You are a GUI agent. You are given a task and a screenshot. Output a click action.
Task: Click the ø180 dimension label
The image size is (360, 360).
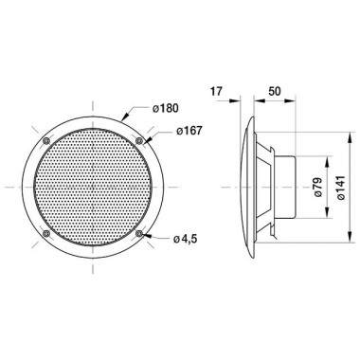click(x=165, y=108)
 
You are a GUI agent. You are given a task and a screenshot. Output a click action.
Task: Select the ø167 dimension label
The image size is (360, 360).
click(x=189, y=131)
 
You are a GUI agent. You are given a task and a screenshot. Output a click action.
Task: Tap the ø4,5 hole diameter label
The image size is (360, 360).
click(x=185, y=239)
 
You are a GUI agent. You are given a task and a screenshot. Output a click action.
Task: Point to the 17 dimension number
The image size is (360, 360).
click(x=216, y=91)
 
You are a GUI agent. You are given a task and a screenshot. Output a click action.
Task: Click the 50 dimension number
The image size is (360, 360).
click(x=274, y=91)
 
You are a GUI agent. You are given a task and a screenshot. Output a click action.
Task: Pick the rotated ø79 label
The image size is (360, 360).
click(x=318, y=188)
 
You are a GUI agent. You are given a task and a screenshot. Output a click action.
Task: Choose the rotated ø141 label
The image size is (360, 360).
click(x=341, y=188)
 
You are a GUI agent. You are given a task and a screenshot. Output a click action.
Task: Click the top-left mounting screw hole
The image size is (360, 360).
click(x=46, y=140)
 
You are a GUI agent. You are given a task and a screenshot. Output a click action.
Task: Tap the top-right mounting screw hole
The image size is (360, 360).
click(x=138, y=140)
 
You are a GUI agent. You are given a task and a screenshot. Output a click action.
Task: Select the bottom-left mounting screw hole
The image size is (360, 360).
click(x=46, y=233)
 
